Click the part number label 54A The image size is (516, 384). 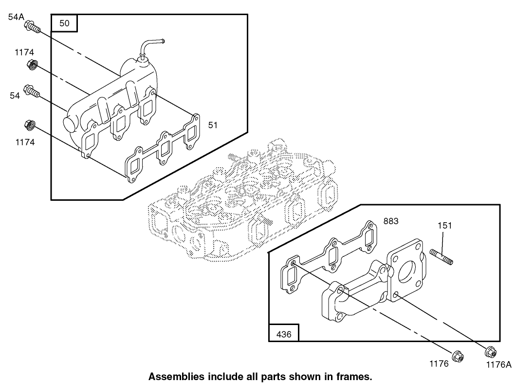click(16, 17)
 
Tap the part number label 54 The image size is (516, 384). click(15, 96)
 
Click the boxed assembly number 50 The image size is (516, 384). click(64, 23)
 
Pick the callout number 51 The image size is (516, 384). click(213, 125)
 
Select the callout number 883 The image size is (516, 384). click(391, 221)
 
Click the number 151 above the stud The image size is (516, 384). click(444, 226)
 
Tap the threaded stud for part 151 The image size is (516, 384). click(442, 257)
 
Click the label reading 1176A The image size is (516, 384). click(499, 364)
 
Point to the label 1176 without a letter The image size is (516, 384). click(439, 364)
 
